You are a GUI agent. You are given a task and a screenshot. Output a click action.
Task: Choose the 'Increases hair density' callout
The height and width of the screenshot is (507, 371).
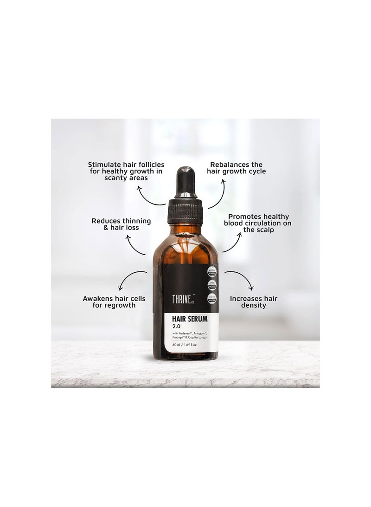pyautogui.click(x=254, y=302)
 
